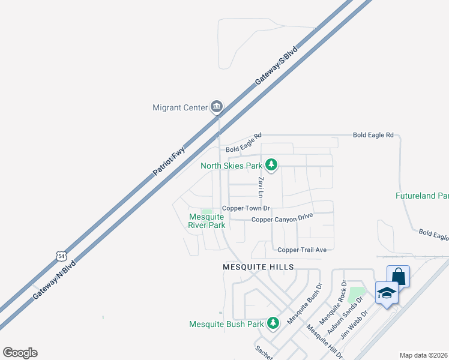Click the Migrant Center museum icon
point(217,107)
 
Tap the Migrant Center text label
point(179,108)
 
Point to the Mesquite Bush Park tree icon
point(273,324)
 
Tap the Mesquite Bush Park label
point(227,325)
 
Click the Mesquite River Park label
point(206,221)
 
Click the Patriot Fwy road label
point(169,160)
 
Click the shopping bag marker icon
point(398,276)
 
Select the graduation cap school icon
point(387,293)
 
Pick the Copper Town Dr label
point(246,208)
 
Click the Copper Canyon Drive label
point(282,220)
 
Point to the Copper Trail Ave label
point(301,250)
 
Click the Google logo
point(20,353)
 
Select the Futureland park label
point(422,196)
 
